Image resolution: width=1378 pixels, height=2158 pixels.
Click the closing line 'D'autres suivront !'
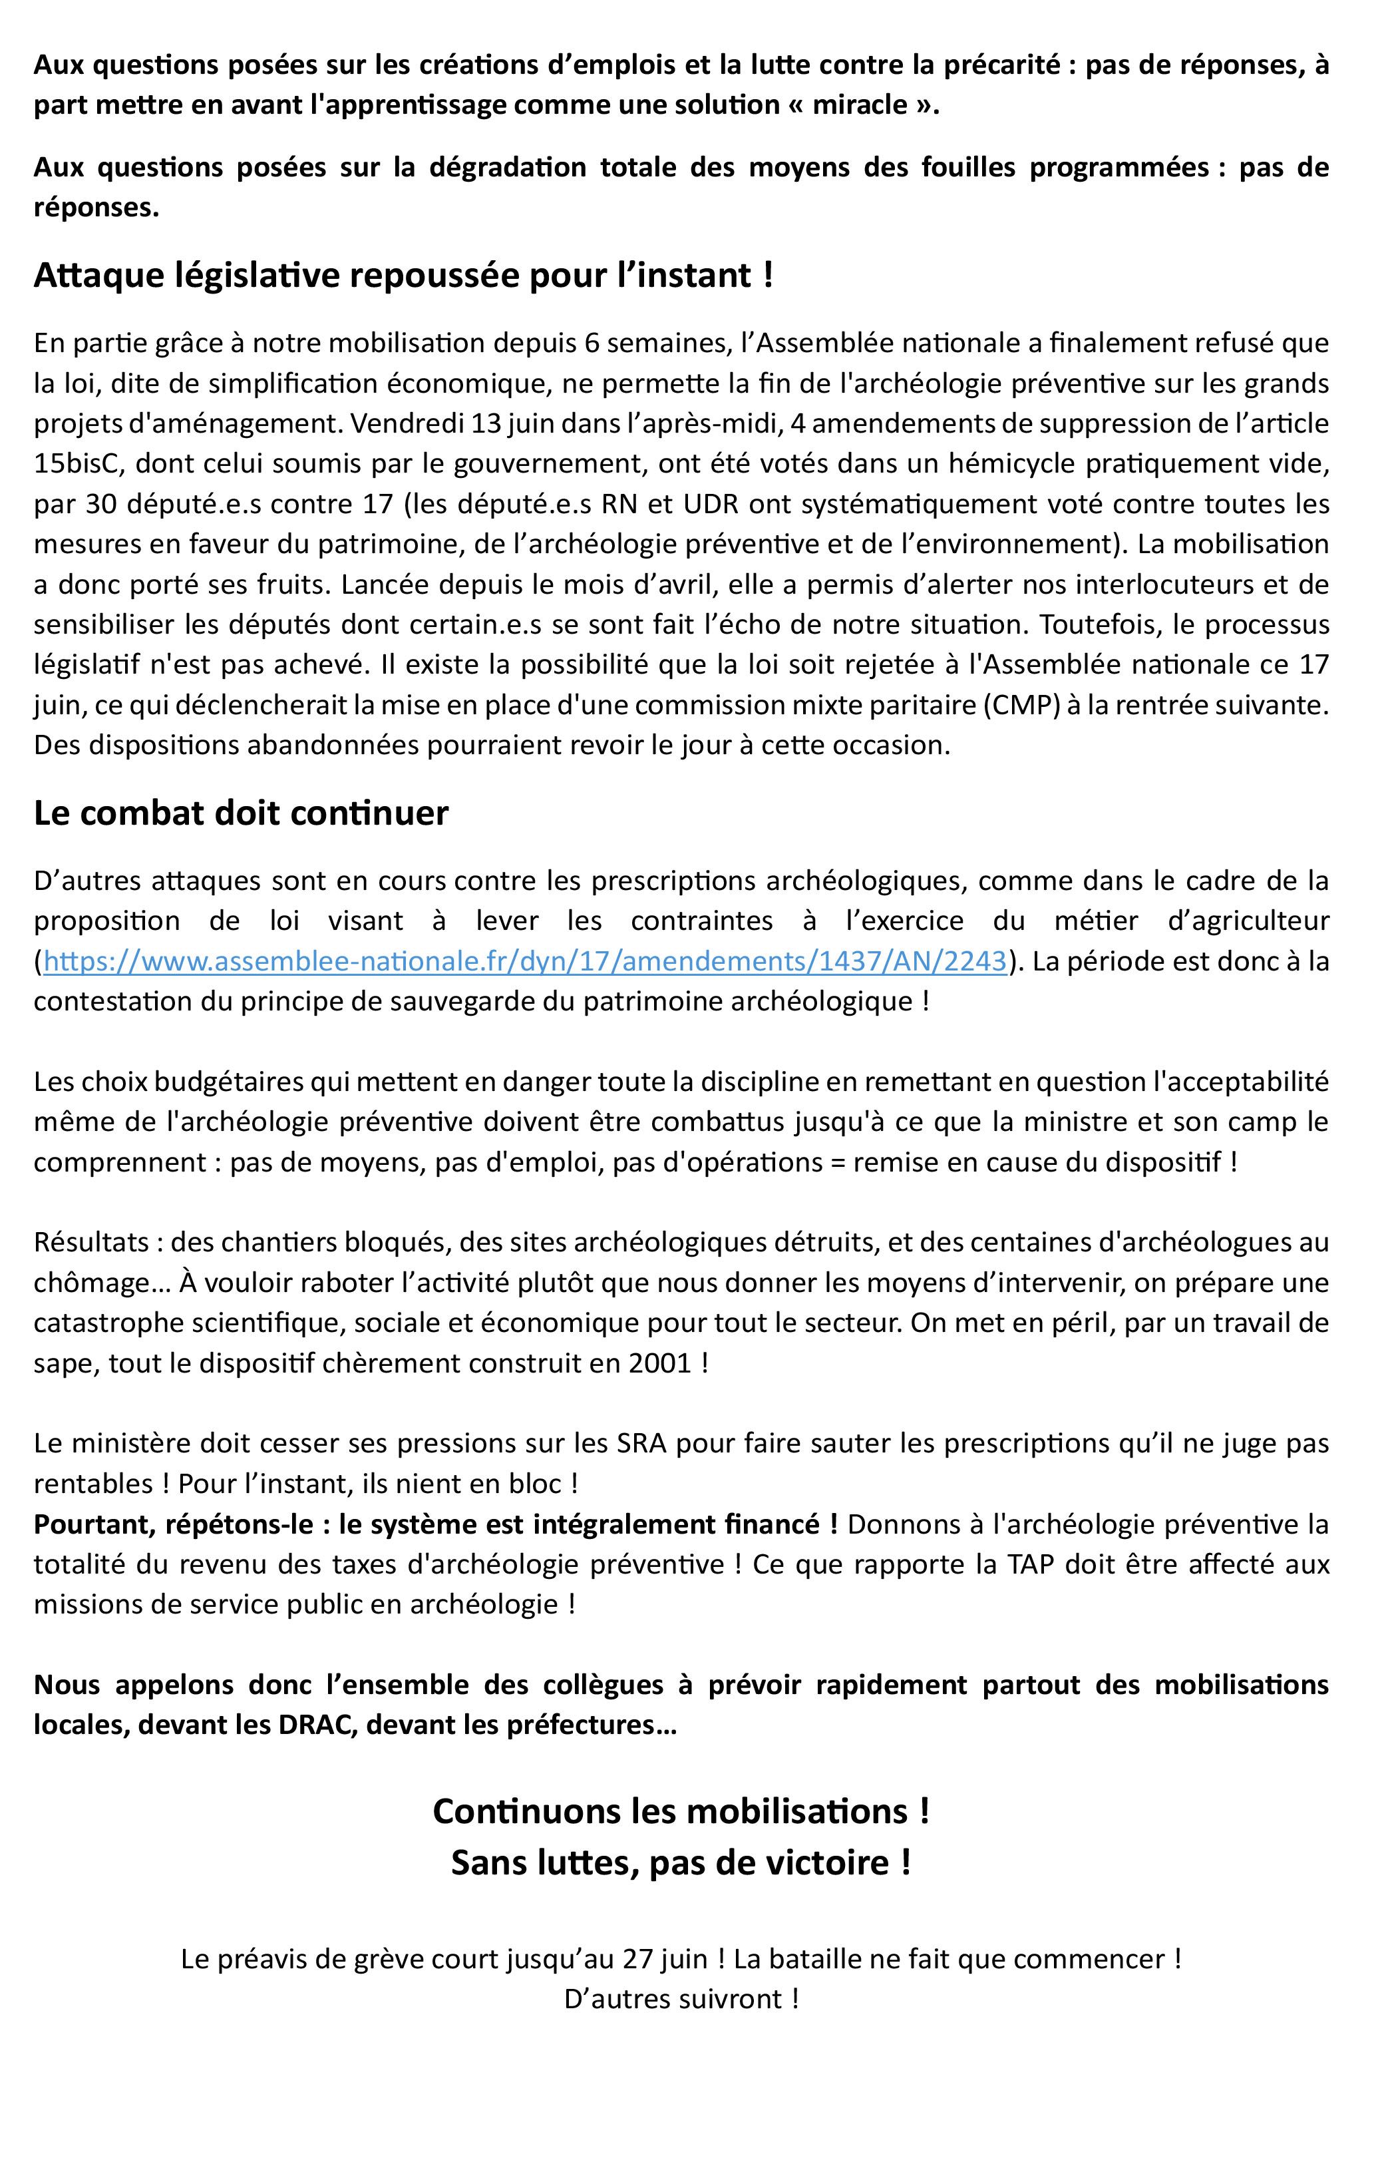(x=681, y=2000)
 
